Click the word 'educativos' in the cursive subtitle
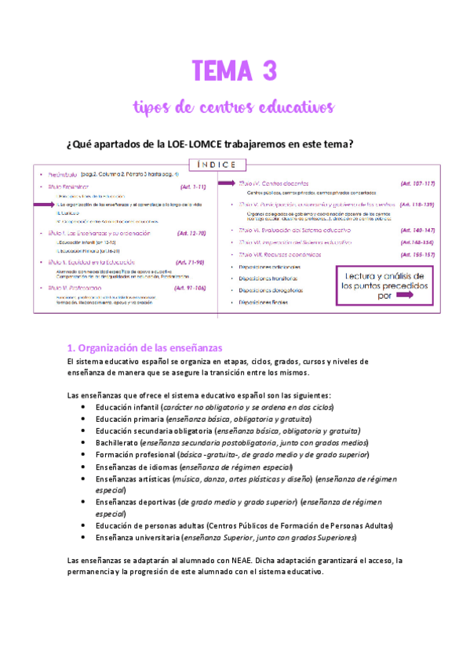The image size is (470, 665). tap(292, 106)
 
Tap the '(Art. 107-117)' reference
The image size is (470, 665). tap(417, 183)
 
